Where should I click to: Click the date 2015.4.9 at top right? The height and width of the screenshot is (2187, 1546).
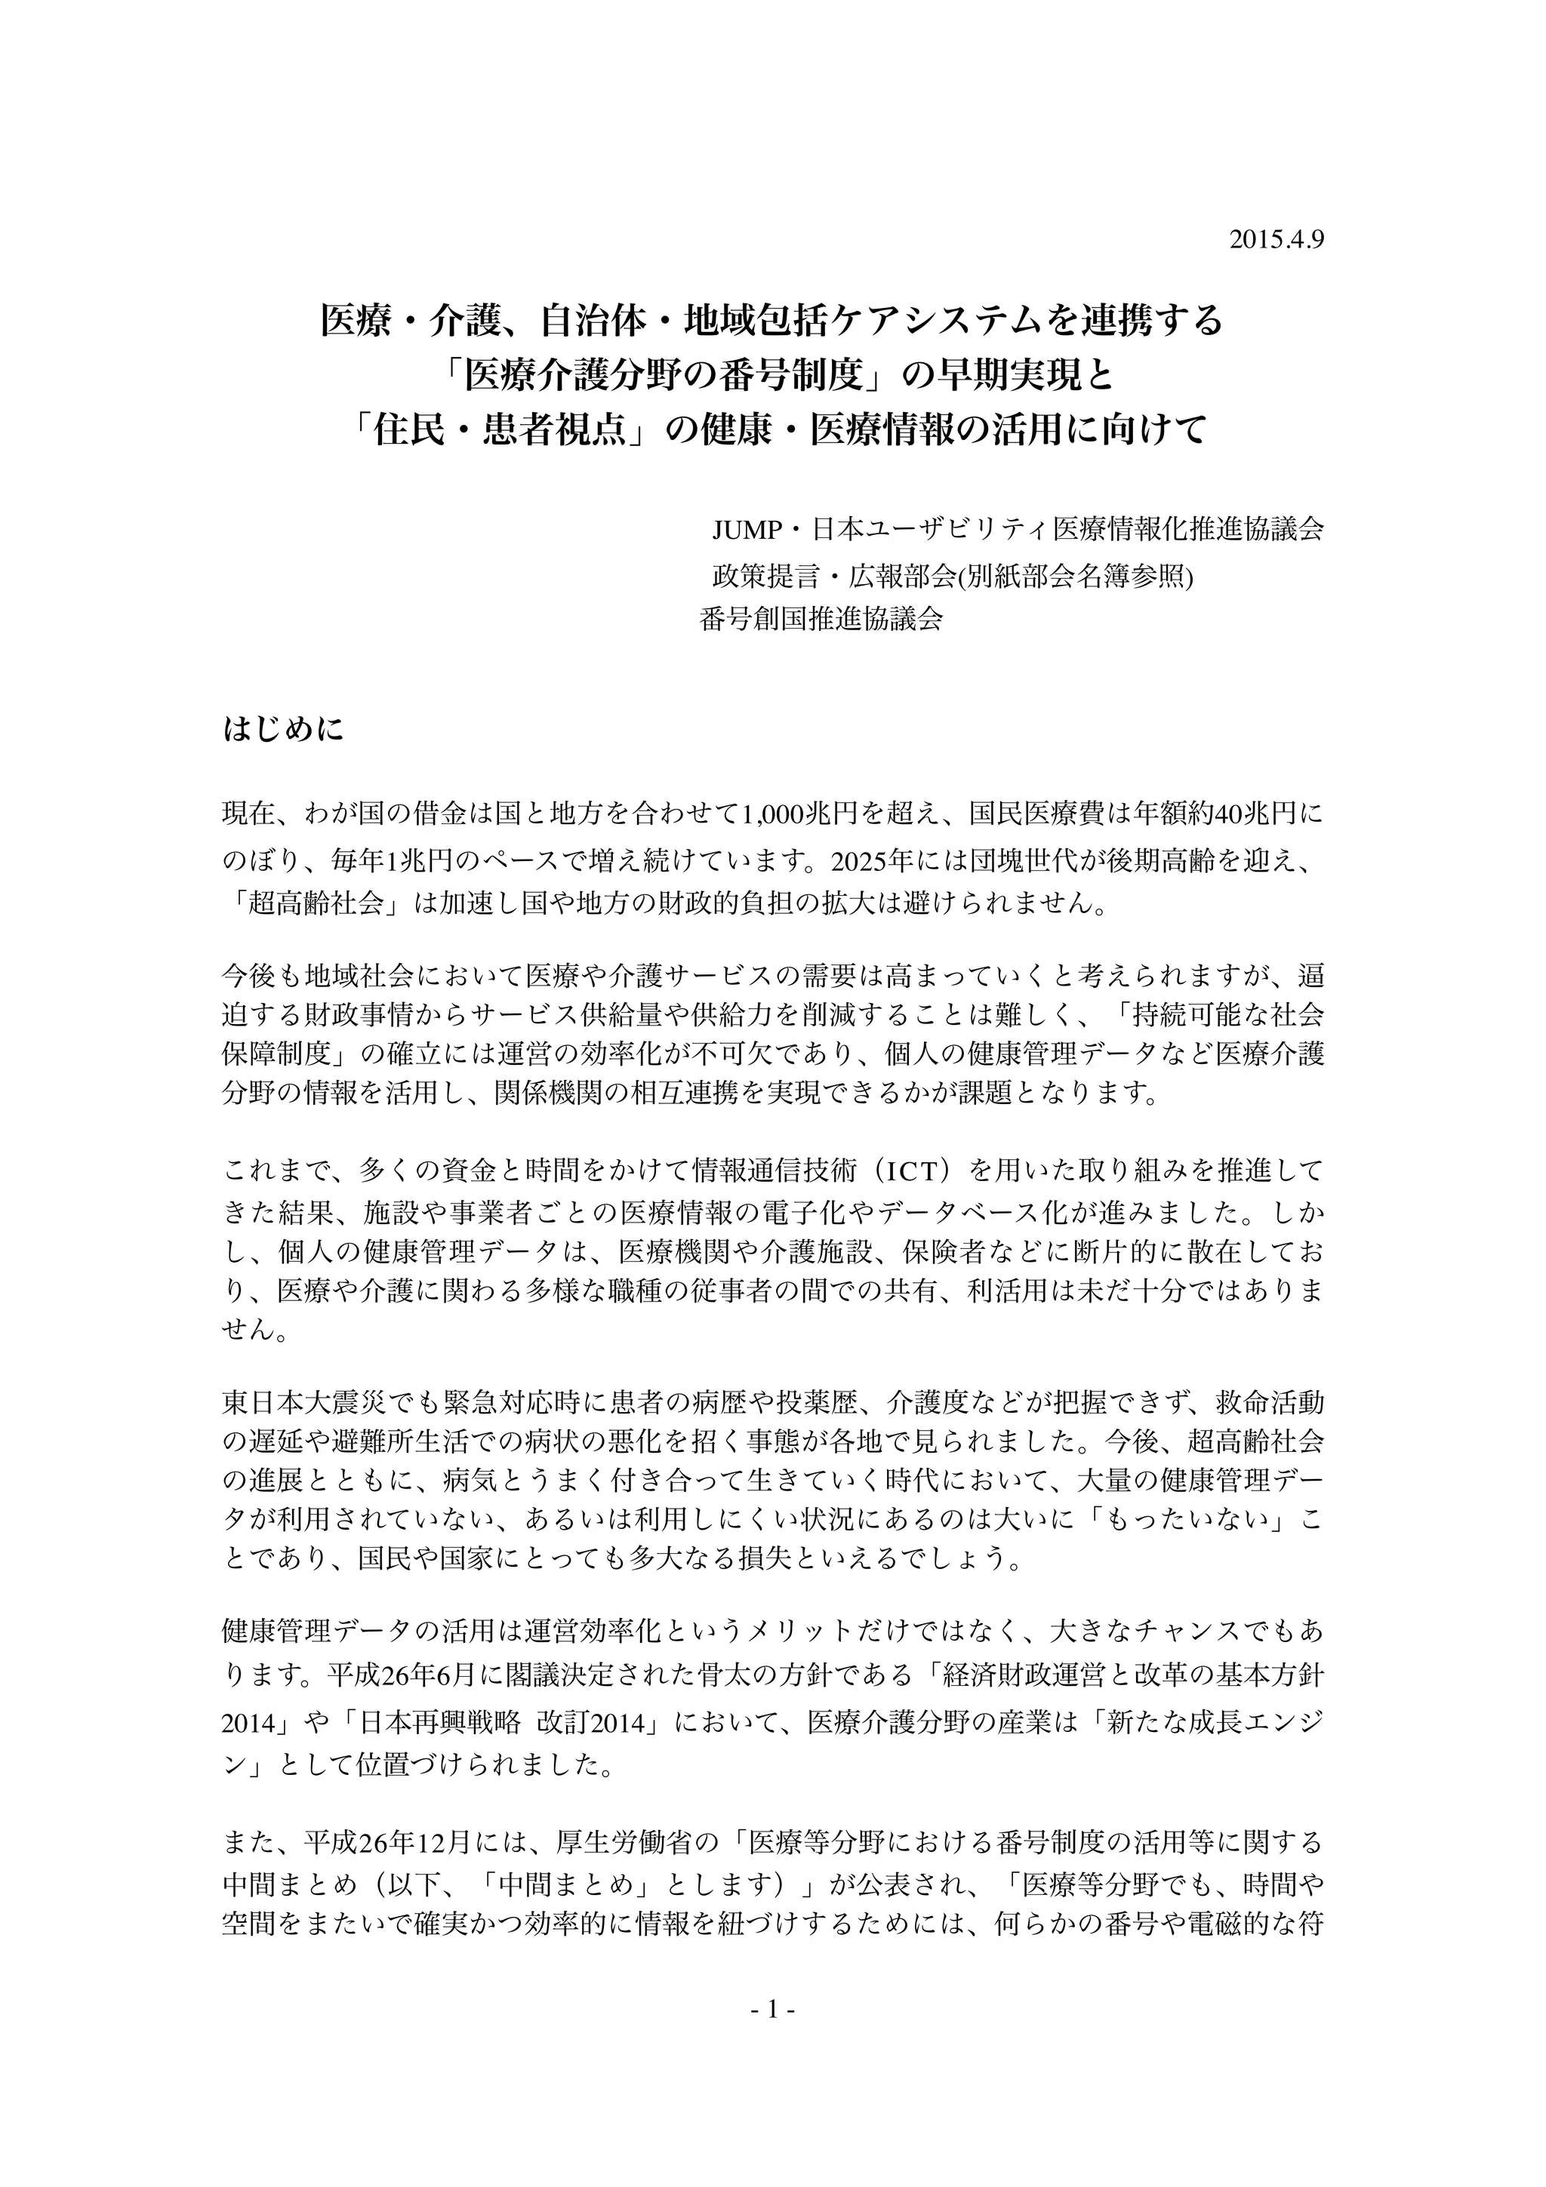[x=1277, y=240]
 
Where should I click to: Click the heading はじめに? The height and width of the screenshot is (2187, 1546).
[x=283, y=731]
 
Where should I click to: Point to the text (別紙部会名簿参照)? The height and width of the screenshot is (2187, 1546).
[x=1076, y=575]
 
